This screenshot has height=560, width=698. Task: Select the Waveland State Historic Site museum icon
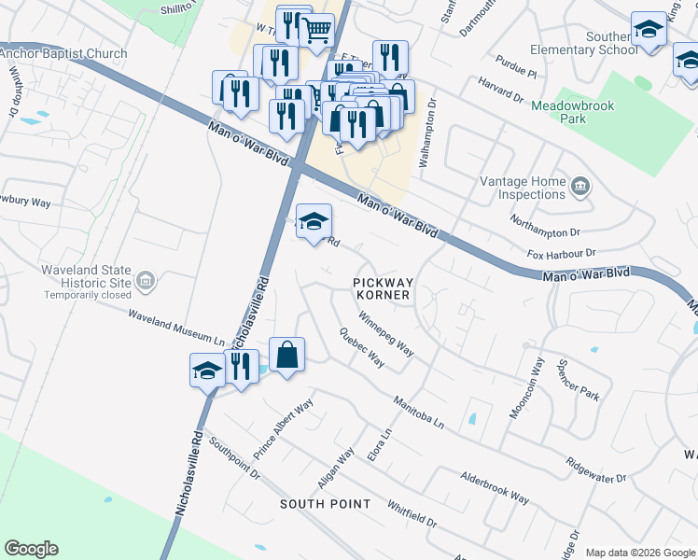point(146,280)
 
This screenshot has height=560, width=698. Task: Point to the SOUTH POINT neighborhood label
point(325,504)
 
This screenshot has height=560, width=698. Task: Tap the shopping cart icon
point(316,31)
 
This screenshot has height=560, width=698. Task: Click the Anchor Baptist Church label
point(63,53)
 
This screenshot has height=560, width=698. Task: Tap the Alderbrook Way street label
point(495,487)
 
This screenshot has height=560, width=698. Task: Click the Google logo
point(31,549)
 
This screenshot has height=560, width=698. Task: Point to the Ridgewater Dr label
point(595,470)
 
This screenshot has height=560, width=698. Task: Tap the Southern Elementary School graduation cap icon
point(648,30)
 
